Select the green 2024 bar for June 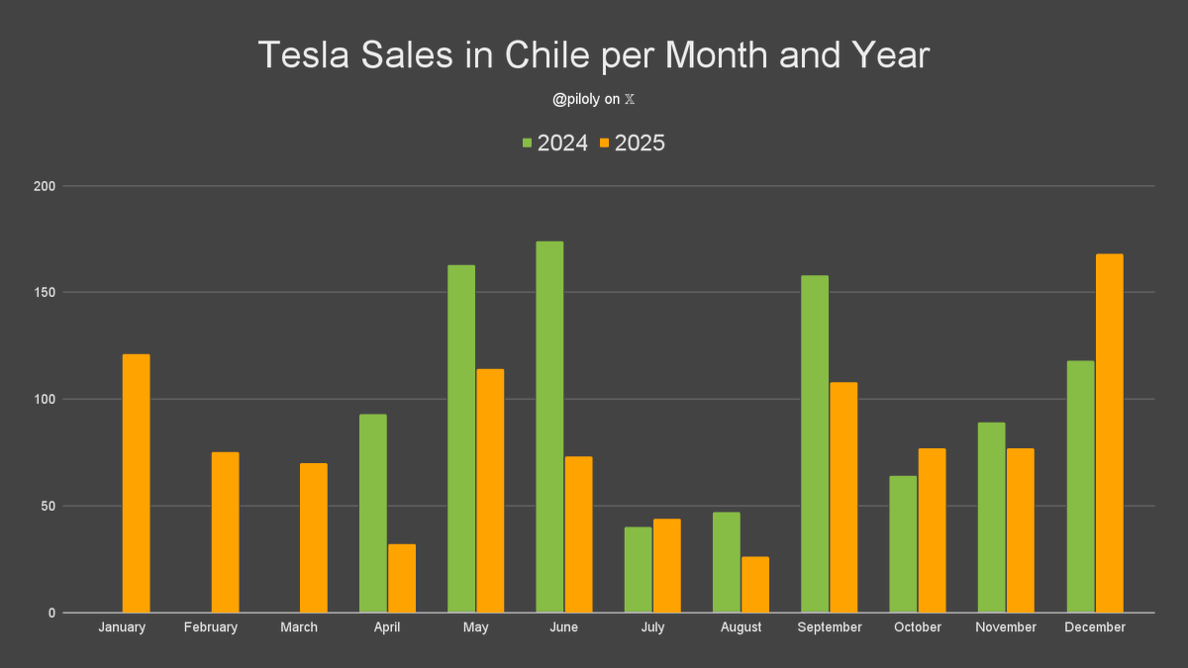click(x=549, y=427)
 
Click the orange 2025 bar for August click(x=755, y=585)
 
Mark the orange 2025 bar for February click(x=225, y=532)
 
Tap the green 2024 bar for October click(x=903, y=544)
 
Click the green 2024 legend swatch click(x=528, y=143)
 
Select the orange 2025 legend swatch click(x=605, y=143)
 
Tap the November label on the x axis click(x=1005, y=627)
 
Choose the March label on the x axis click(x=299, y=627)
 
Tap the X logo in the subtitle click(x=630, y=100)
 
